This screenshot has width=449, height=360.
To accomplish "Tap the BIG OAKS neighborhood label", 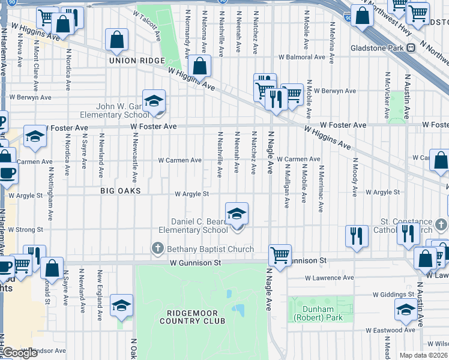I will tap(120, 191).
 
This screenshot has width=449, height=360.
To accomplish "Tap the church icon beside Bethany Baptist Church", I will tap(158, 248).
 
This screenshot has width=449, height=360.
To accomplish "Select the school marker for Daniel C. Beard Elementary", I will tap(237, 214).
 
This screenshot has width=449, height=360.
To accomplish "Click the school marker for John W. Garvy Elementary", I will tap(154, 101).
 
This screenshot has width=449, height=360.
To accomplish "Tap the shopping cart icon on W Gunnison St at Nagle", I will tap(280, 255).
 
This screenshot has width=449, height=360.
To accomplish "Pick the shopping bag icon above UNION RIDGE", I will tap(117, 41).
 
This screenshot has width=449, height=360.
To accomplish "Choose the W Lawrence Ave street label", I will tap(329, 278).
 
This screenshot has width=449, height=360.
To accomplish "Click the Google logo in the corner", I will tap(20, 353).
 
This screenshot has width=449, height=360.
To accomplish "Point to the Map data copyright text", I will tap(423, 355).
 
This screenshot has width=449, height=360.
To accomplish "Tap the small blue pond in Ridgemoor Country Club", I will tap(239, 310).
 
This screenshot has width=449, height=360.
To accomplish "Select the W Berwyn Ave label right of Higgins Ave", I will tap(333, 91).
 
